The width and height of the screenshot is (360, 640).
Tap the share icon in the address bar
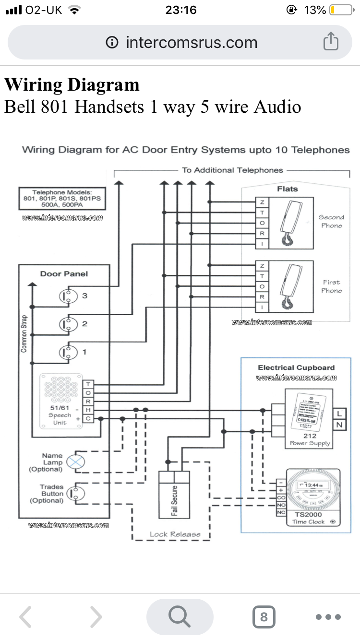point(331,42)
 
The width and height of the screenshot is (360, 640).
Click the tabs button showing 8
point(264,616)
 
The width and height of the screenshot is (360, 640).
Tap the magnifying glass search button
point(180,616)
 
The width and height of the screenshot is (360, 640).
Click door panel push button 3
point(68,296)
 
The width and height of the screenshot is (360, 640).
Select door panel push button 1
point(68,353)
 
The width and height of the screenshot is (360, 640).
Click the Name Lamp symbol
point(75,462)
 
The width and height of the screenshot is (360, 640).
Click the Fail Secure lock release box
point(174,494)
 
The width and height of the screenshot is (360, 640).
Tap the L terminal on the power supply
point(339,414)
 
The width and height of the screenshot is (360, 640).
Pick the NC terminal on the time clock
point(281,513)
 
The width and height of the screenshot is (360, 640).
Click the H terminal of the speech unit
point(88,410)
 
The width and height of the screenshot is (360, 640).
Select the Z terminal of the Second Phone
point(262,202)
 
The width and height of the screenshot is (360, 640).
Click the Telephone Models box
point(62,198)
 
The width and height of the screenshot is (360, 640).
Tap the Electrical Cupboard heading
point(296,367)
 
